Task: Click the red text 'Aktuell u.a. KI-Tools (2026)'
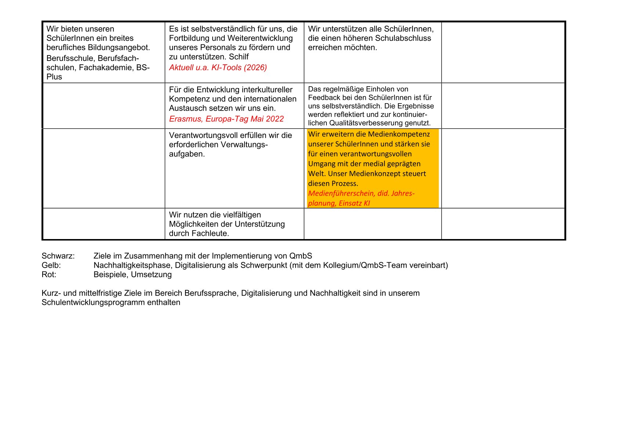218,68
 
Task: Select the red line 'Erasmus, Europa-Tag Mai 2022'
226,119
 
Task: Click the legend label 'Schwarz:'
58,256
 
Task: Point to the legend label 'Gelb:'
51,265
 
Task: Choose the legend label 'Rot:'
49,274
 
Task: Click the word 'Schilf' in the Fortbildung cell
239,57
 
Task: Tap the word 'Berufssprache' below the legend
210,293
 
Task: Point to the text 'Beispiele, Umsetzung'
133,274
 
